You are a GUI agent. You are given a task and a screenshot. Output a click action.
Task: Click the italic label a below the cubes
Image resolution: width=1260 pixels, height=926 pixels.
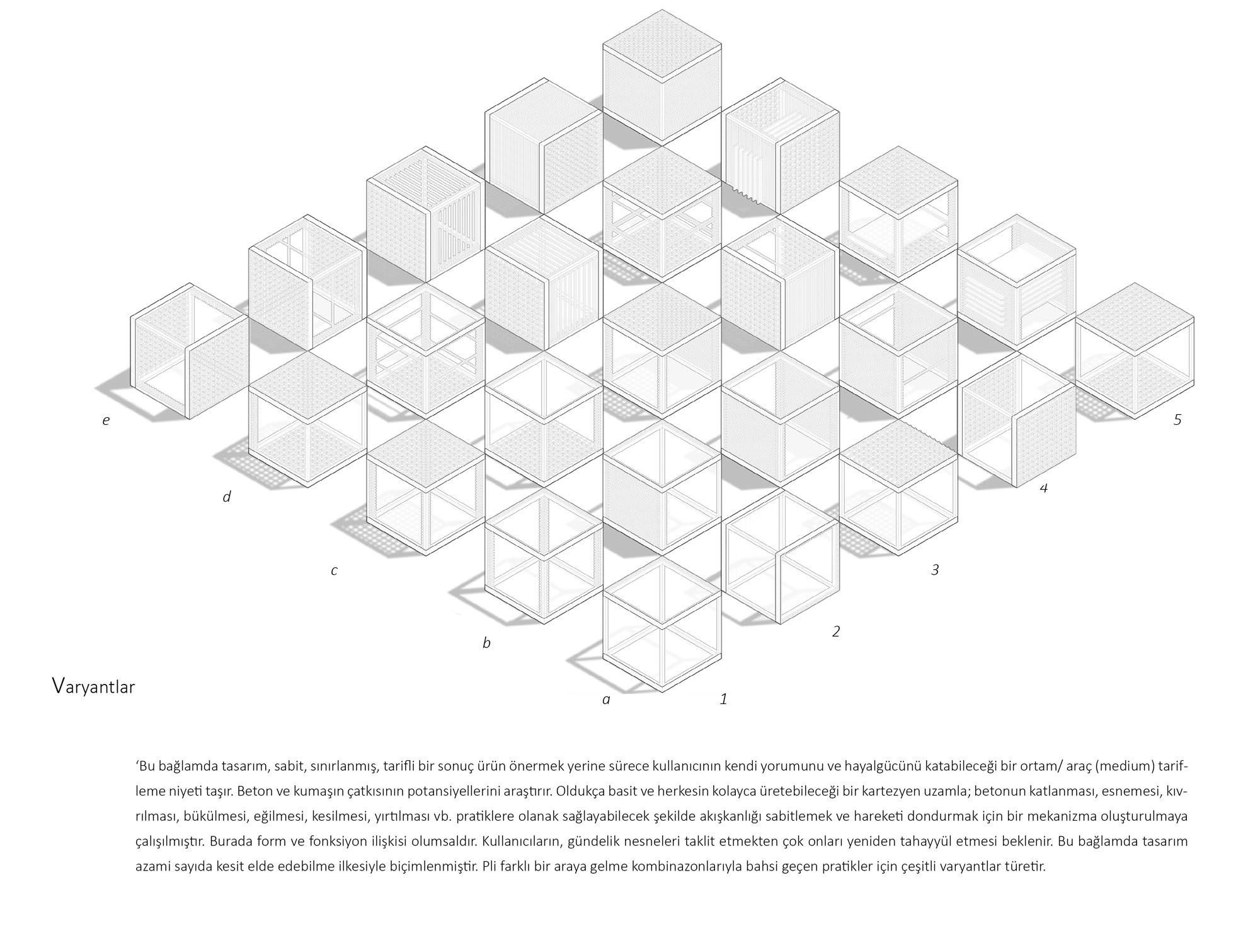(607, 700)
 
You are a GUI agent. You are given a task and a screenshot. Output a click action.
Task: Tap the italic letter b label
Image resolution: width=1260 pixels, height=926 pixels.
(486, 643)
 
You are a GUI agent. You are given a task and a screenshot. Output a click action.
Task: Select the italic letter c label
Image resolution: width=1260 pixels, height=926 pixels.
(334, 571)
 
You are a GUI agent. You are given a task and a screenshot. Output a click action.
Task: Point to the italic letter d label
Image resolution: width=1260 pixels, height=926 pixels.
(227, 497)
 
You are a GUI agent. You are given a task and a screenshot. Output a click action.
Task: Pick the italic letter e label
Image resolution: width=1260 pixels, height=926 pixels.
(106, 420)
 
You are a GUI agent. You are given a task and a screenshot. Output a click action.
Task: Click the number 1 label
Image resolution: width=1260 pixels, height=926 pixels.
(724, 698)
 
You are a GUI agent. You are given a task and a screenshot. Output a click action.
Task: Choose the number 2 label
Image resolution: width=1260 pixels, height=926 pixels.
(836, 631)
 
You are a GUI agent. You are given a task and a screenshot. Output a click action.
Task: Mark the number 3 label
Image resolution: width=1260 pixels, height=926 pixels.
(935, 570)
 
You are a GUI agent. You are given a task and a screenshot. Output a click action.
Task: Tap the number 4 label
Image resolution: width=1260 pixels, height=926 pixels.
(1044, 488)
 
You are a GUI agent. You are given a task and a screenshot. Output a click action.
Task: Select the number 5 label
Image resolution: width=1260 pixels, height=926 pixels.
(1177, 419)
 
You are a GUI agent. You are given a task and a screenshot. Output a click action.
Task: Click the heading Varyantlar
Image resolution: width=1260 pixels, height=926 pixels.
(93, 686)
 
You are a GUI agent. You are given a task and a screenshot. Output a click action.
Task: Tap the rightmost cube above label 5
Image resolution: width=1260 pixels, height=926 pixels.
(1135, 350)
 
